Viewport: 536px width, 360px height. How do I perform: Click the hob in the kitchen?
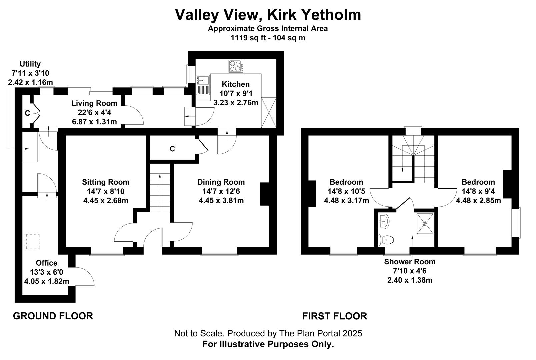[236, 66]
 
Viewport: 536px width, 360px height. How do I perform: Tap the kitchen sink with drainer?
[203, 85]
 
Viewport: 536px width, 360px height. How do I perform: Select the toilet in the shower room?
[386, 240]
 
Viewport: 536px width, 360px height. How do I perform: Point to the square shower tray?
[425, 224]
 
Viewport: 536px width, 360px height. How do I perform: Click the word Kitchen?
[236, 84]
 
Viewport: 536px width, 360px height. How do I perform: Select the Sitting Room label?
[106, 182]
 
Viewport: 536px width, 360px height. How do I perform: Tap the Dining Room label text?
[221, 182]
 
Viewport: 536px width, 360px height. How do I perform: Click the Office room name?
[46, 263]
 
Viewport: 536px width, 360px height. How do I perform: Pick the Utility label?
[30, 64]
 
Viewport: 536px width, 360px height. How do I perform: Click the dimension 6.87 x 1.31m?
[94, 122]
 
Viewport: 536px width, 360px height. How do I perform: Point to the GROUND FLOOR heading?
[53, 316]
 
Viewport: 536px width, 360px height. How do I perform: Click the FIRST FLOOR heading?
[335, 316]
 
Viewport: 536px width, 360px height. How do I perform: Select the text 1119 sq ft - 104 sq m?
[268, 38]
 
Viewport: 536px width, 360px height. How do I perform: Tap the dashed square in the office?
[33, 242]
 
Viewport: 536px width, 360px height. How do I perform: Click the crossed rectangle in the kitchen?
[269, 112]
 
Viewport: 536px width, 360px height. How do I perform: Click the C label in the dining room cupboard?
[172, 149]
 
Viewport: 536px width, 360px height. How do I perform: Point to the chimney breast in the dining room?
[265, 194]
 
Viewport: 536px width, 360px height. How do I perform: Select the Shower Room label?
[410, 262]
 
